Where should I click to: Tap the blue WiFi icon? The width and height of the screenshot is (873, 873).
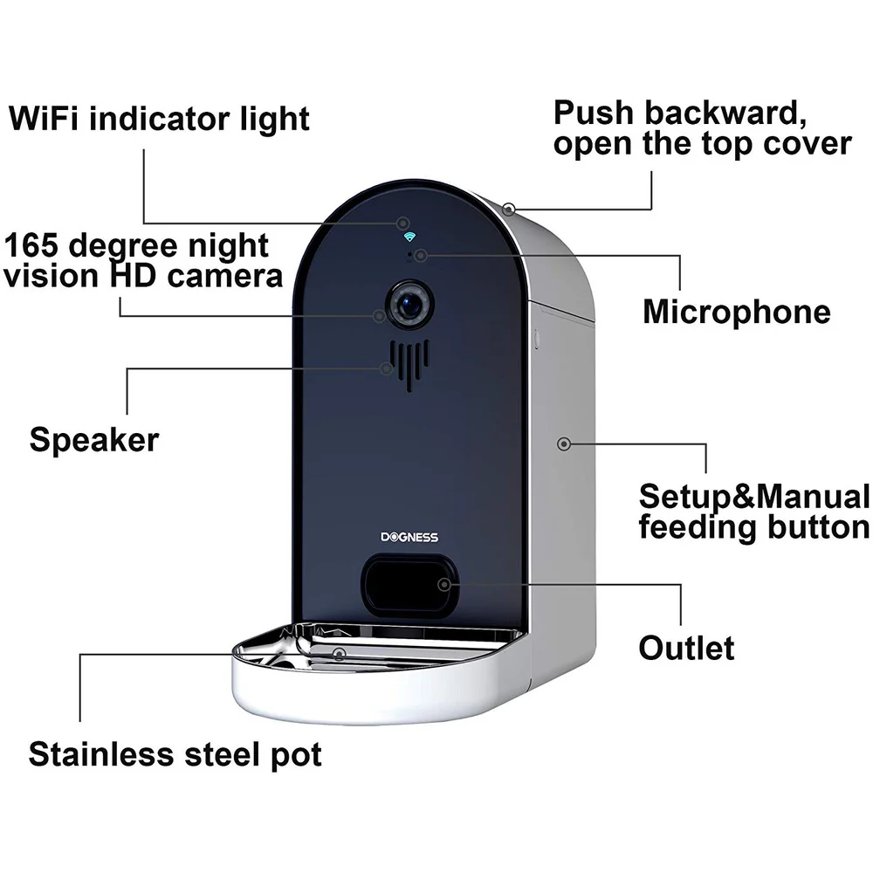407,237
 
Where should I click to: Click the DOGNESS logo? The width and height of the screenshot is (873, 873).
409,537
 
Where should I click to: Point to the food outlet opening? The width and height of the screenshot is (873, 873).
409,584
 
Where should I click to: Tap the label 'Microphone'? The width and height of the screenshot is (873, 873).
737,312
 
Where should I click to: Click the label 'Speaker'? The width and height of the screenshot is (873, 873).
94,439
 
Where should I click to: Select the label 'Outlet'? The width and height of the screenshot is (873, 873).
686,648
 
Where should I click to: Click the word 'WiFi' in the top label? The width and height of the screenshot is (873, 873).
45,118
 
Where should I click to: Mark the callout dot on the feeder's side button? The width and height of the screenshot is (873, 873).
565,443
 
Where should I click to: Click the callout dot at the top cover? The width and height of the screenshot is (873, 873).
509,209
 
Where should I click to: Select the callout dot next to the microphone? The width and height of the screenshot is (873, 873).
421,255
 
